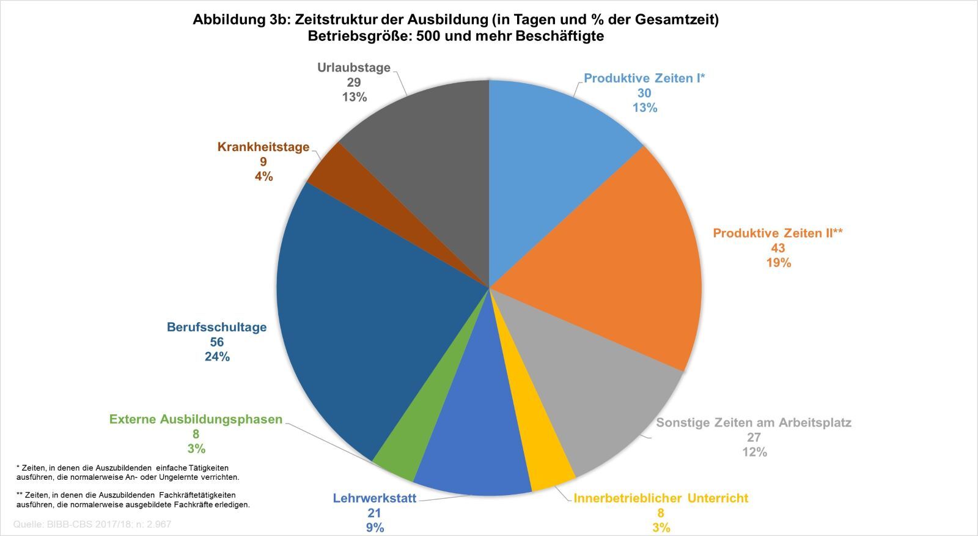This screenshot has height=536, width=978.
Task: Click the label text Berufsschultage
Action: [216, 327]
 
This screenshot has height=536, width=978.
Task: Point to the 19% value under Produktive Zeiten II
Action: [778, 263]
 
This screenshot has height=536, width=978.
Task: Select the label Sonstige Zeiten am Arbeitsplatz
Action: [753, 422]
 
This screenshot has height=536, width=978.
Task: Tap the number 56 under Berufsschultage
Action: [216, 342]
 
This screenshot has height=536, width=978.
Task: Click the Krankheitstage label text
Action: [263, 147]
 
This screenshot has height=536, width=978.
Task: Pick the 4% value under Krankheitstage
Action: [263, 177]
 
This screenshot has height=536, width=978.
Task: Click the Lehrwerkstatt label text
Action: [374, 498]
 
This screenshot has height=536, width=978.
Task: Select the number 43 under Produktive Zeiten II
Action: [778, 248]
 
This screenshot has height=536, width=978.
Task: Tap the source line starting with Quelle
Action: [92, 524]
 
